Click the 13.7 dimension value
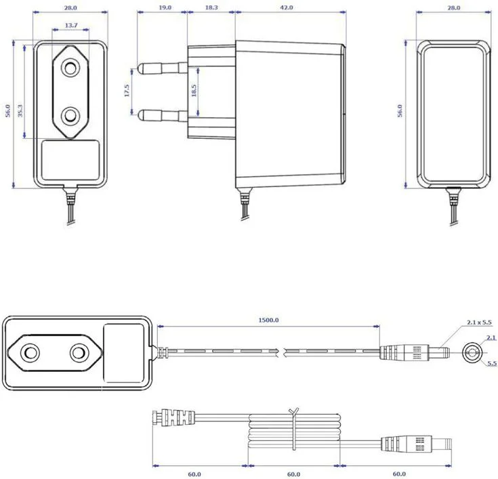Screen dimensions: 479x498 pyautogui.click(x=70, y=25)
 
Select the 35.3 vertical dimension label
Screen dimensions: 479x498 pyautogui.click(x=20, y=110)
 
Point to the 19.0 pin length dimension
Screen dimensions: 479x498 pyautogui.click(x=164, y=7)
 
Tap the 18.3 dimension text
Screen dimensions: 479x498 pyautogui.click(x=211, y=7)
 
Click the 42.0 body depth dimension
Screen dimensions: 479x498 pyautogui.click(x=287, y=7)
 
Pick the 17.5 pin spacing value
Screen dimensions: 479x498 pyautogui.click(x=127, y=91)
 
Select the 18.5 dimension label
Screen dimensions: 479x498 pyautogui.click(x=194, y=91)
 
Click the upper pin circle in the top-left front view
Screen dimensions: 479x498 pyautogui.click(x=70, y=68)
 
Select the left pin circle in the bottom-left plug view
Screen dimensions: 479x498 pyautogui.click(x=30, y=352)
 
